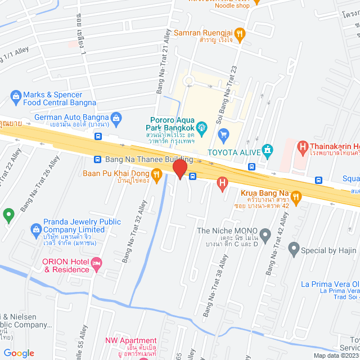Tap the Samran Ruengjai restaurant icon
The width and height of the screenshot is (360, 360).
tap(240, 34)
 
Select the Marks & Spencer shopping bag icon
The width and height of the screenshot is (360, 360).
tap(15, 98)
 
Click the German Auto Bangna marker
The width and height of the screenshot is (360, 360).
tap(116, 118)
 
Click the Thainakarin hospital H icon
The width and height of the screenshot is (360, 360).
tap(303, 148)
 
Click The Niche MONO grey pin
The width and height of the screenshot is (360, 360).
tap(266, 232)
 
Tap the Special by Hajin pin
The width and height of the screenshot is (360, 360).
tap(293, 247)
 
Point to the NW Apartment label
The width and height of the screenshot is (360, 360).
tap(130, 340)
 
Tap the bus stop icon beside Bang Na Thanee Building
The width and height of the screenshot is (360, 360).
tap(98, 160)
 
